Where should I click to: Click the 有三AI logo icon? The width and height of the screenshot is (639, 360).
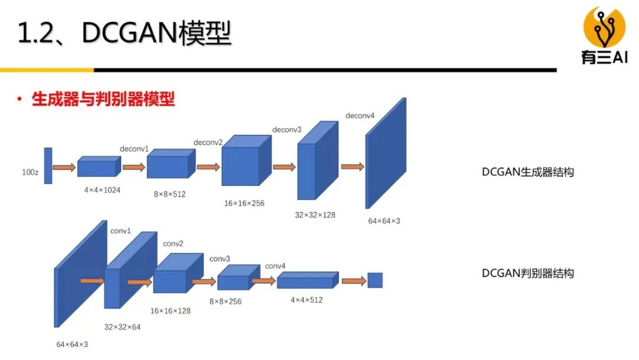(x=603, y=27)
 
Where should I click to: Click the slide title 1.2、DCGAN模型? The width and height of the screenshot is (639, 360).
(x=124, y=34)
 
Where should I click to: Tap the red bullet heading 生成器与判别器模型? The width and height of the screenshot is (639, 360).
(x=103, y=99)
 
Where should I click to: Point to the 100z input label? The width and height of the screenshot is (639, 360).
(x=30, y=173)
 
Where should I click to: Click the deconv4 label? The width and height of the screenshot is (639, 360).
(x=360, y=115)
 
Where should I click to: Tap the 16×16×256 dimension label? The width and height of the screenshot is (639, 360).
(x=244, y=203)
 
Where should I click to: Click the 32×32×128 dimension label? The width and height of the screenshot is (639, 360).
(x=315, y=215)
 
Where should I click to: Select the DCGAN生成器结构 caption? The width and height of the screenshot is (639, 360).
(x=528, y=172)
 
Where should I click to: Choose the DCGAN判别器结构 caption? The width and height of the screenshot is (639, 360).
(x=528, y=273)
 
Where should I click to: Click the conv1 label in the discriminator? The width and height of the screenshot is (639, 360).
(x=121, y=231)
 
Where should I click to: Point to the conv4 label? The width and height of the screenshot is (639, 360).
(x=275, y=266)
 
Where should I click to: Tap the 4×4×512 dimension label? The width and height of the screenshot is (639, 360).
(x=306, y=300)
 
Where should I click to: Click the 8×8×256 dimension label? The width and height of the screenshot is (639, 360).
(x=225, y=301)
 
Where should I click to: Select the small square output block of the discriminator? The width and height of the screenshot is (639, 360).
(x=375, y=280)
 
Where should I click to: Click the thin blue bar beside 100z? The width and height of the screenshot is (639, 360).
(x=48, y=165)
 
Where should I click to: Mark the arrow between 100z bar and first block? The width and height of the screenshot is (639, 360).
(x=64, y=168)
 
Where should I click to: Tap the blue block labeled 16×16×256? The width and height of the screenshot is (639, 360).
(x=240, y=165)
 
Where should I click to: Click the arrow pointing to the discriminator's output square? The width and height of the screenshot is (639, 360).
(x=353, y=281)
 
